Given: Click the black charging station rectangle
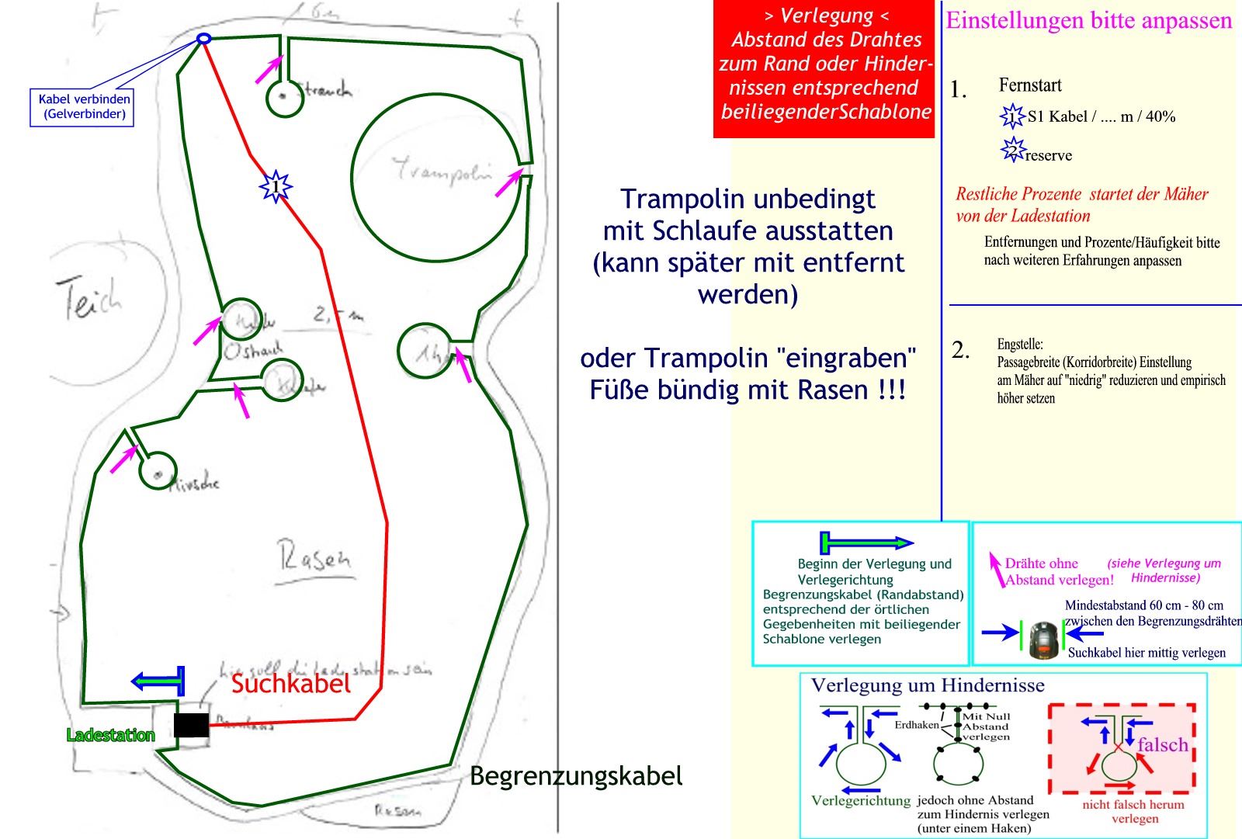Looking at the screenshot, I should (x=191, y=725).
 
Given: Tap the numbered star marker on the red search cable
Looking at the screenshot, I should (x=275, y=187).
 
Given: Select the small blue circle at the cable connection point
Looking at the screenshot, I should (x=203, y=38).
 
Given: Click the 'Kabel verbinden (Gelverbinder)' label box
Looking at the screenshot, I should (x=82, y=107).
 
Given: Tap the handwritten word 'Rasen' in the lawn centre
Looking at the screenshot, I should (x=314, y=558).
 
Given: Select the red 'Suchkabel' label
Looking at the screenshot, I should (x=291, y=683).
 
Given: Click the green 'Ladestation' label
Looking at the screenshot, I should (x=111, y=735).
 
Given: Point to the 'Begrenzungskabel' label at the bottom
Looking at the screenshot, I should (x=576, y=775).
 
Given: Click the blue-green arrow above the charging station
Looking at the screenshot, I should (x=159, y=681).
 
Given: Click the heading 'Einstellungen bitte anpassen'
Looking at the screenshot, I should (x=1088, y=20).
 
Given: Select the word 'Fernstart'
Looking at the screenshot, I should (x=1029, y=85).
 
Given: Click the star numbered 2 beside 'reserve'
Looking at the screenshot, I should (x=1011, y=150).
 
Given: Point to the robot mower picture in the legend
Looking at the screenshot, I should (x=1044, y=640).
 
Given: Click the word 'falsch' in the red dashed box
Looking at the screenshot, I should (x=1162, y=744).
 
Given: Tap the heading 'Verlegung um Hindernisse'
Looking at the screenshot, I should (x=928, y=685).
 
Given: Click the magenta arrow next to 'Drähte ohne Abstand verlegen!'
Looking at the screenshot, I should (x=995, y=569).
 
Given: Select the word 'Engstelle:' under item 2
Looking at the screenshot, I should (x=1020, y=344).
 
